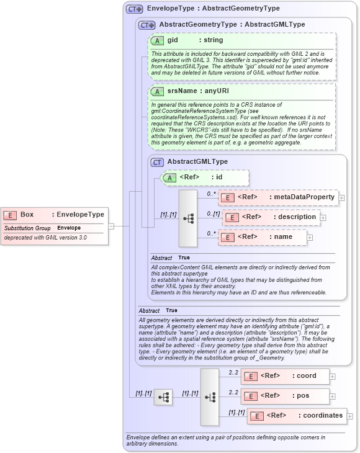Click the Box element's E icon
point(10,215)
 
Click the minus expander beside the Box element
point(111,226)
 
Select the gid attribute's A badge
point(158,40)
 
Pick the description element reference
point(272,217)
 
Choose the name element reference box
point(263,237)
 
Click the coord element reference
point(285,376)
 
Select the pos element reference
point(285,396)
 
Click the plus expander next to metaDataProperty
point(341,197)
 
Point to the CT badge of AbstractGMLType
point(158,162)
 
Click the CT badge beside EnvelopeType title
point(134,9)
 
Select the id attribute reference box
point(205,178)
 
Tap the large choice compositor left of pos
point(210,397)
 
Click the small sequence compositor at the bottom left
point(163,397)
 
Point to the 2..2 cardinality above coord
point(233,372)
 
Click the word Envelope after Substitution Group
point(69,228)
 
